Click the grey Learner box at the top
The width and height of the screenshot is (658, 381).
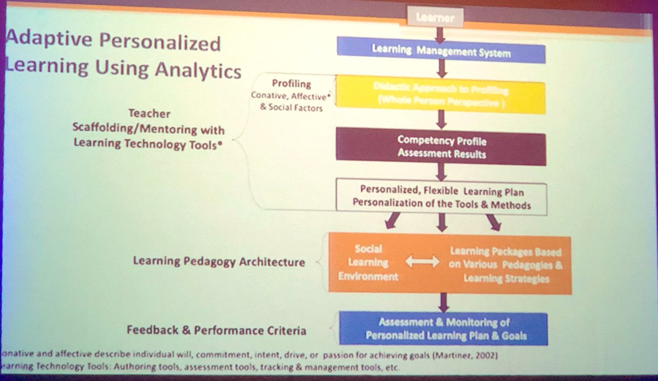coord(436,18)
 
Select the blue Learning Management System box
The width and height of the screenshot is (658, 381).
coord(441,53)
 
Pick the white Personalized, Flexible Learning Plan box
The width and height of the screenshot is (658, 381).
coord(441,197)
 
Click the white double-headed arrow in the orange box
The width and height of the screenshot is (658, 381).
coord(422,263)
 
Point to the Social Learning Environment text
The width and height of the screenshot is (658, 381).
coord(368,263)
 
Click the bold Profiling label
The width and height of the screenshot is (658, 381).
coord(291,84)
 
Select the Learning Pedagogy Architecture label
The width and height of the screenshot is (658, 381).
coord(219,261)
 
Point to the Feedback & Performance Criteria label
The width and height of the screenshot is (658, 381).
coord(217,331)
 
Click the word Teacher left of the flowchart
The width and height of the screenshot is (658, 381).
coord(149,113)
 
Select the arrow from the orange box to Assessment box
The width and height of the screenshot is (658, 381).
coord(443,302)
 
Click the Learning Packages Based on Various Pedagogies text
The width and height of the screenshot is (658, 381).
coord(506,265)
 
